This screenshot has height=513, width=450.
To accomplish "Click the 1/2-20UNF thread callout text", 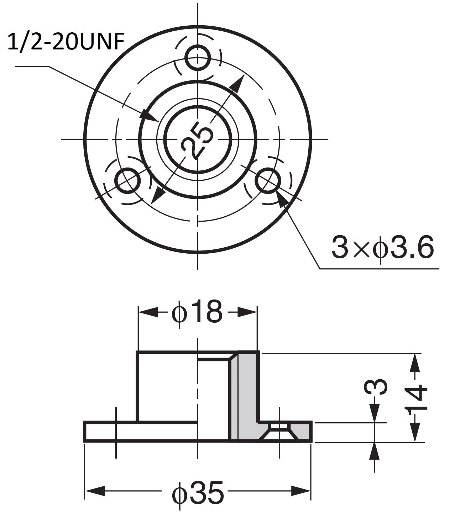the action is pos(66,42).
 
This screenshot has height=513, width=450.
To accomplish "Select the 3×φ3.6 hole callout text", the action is pos(383,247).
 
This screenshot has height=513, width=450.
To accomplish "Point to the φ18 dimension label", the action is pos(197,311).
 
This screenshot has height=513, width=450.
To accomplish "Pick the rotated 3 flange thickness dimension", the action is pos(376,387).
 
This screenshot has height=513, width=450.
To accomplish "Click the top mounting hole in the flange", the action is pos(198,58).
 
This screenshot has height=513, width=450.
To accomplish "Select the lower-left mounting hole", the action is pos(127,180).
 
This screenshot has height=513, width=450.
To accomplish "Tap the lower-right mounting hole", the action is pos(268,180).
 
